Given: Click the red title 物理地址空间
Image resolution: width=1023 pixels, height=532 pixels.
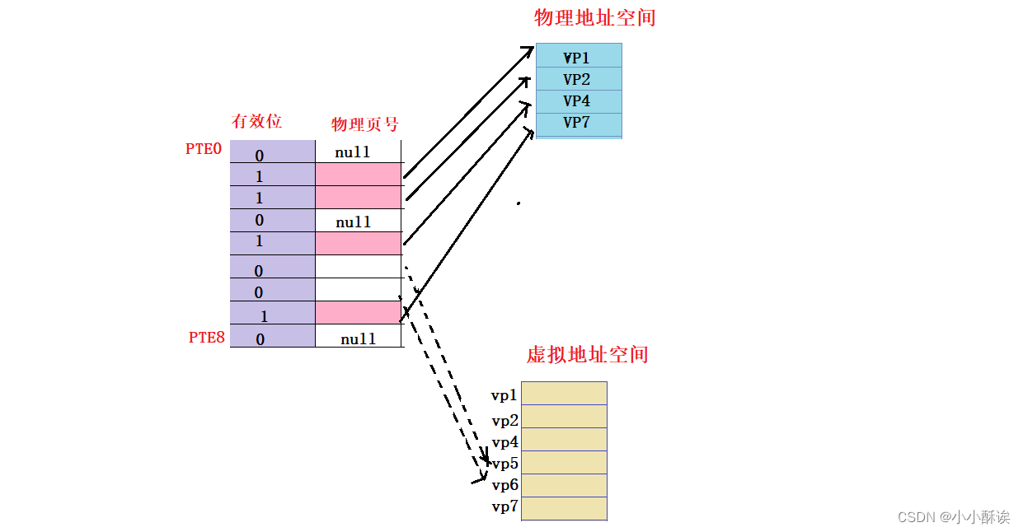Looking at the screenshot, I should [594, 17].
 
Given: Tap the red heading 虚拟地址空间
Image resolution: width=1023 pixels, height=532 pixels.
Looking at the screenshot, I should [587, 355].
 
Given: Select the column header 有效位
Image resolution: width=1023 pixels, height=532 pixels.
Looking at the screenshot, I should [256, 121].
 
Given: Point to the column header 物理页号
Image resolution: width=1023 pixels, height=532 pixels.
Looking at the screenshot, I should [364, 124].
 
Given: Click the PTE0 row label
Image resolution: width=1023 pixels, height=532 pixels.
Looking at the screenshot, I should [204, 150].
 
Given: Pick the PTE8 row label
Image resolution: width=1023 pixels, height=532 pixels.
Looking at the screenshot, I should [206, 337].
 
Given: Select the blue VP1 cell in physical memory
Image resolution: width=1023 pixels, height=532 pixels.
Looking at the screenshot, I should [578, 57].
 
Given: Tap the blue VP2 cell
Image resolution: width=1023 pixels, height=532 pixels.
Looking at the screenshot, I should [578, 79].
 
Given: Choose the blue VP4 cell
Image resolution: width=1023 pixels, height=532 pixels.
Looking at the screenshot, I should [578, 101].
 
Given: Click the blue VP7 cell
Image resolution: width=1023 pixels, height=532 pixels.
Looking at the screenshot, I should [578, 124].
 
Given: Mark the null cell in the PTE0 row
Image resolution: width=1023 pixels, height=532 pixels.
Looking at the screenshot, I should [353, 152].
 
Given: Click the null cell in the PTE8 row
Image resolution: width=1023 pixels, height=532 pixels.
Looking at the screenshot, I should [358, 338].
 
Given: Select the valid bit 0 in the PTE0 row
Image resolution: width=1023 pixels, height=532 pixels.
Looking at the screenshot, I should [260, 155].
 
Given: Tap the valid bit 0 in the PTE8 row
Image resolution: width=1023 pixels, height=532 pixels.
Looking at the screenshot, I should [260, 338].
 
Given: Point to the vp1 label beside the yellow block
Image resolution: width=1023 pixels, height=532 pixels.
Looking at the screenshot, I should [504, 395].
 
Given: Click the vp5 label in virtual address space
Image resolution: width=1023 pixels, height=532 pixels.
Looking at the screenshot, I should [504, 464].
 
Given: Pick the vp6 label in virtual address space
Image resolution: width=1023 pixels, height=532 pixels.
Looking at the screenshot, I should [504, 485].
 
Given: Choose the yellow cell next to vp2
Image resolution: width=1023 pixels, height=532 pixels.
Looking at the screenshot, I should [564, 416].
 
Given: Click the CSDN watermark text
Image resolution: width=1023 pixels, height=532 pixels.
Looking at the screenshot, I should [953, 517].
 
